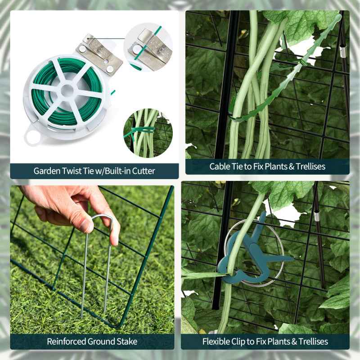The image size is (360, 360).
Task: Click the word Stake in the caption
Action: [126, 342]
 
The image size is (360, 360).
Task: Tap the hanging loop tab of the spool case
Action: [31, 135]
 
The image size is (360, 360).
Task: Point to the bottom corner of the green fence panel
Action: [118, 325]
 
